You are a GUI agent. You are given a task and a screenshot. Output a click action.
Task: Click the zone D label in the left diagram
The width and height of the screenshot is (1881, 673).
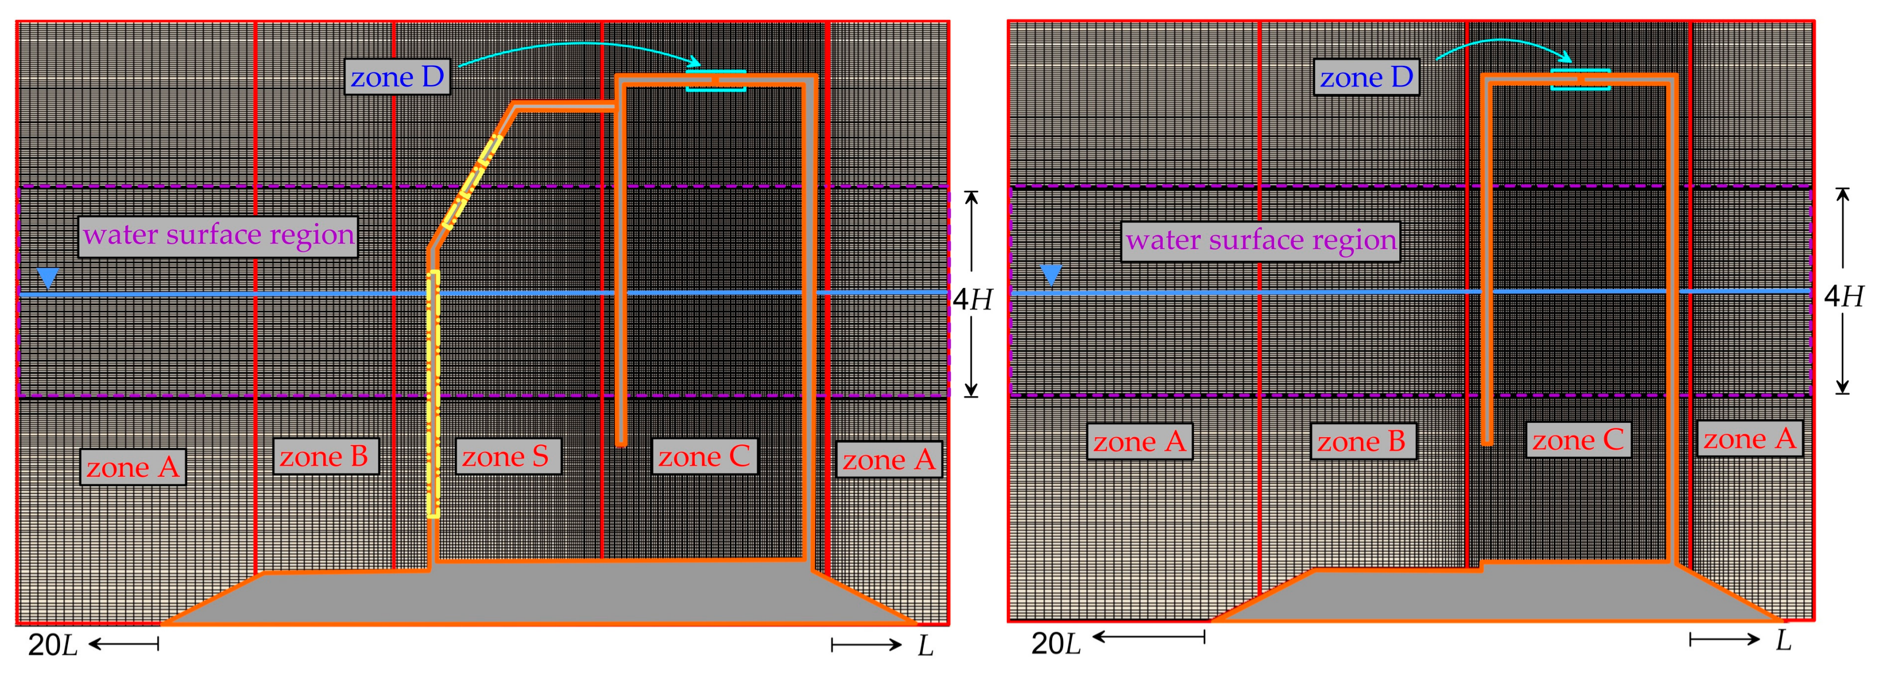[x=397, y=77]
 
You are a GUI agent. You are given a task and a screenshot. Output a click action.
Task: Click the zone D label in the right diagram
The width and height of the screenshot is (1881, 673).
[x=1366, y=77]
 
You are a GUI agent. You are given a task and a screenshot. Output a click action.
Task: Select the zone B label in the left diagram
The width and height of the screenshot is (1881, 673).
[x=324, y=457]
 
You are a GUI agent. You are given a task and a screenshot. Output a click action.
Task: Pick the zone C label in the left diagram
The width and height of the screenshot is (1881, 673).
[x=704, y=457]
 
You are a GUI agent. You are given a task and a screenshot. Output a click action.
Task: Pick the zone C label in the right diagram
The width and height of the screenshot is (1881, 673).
[x=1578, y=440]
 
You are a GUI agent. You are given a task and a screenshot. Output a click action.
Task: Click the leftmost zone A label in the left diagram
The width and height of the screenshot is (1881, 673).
[x=132, y=467]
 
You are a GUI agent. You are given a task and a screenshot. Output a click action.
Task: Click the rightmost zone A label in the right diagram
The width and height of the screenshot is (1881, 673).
[x=1749, y=439]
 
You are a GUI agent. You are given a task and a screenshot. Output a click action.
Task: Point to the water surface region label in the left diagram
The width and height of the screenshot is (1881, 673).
[x=218, y=235]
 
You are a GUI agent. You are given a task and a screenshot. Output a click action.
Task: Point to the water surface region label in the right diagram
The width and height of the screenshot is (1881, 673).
[x=1261, y=240]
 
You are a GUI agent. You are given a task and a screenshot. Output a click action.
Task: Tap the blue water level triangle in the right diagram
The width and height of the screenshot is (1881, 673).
[x=1051, y=274]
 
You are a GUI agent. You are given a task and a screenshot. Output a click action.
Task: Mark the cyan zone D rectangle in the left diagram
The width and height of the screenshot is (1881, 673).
[x=716, y=81]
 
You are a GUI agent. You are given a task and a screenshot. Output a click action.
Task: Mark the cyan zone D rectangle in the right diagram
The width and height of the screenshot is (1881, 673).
[x=1580, y=79]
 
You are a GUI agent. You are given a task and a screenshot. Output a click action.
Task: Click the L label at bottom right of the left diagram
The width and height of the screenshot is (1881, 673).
[x=925, y=646]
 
